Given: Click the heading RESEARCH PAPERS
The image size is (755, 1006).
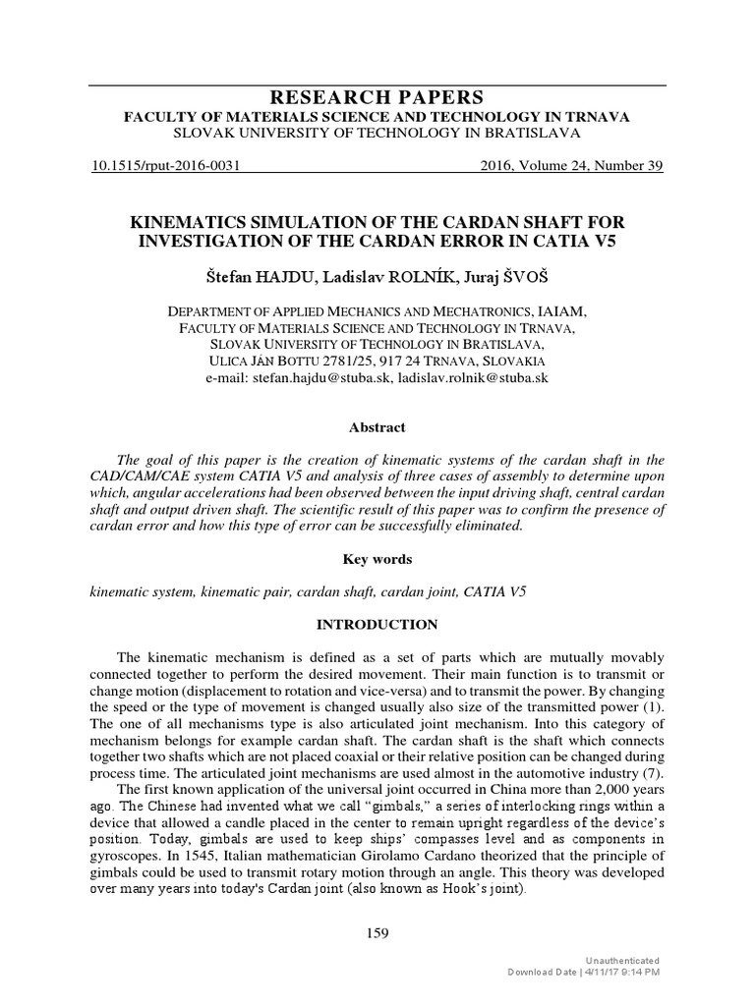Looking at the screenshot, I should (x=377, y=97).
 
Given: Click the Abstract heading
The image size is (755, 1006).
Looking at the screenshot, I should (x=377, y=427).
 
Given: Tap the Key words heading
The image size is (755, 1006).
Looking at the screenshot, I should (x=377, y=559).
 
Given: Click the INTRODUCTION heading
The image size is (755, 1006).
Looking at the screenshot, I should (x=377, y=624).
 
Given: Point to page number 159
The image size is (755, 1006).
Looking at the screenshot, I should (x=377, y=930).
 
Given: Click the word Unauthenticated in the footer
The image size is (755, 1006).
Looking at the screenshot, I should (x=623, y=960).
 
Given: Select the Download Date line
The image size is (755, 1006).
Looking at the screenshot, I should (x=583, y=972).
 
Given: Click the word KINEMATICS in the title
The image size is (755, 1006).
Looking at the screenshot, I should (x=191, y=221).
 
